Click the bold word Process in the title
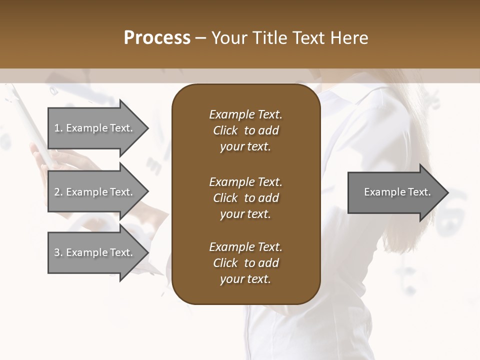click(157, 38)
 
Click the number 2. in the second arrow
click(58, 192)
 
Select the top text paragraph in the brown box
click(245, 130)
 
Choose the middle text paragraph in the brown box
click(245, 198)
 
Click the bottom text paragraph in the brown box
click(245, 263)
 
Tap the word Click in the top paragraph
click(225, 130)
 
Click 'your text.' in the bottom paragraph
click(245, 279)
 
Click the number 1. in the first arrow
click(58, 128)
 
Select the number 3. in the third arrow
click(58, 252)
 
